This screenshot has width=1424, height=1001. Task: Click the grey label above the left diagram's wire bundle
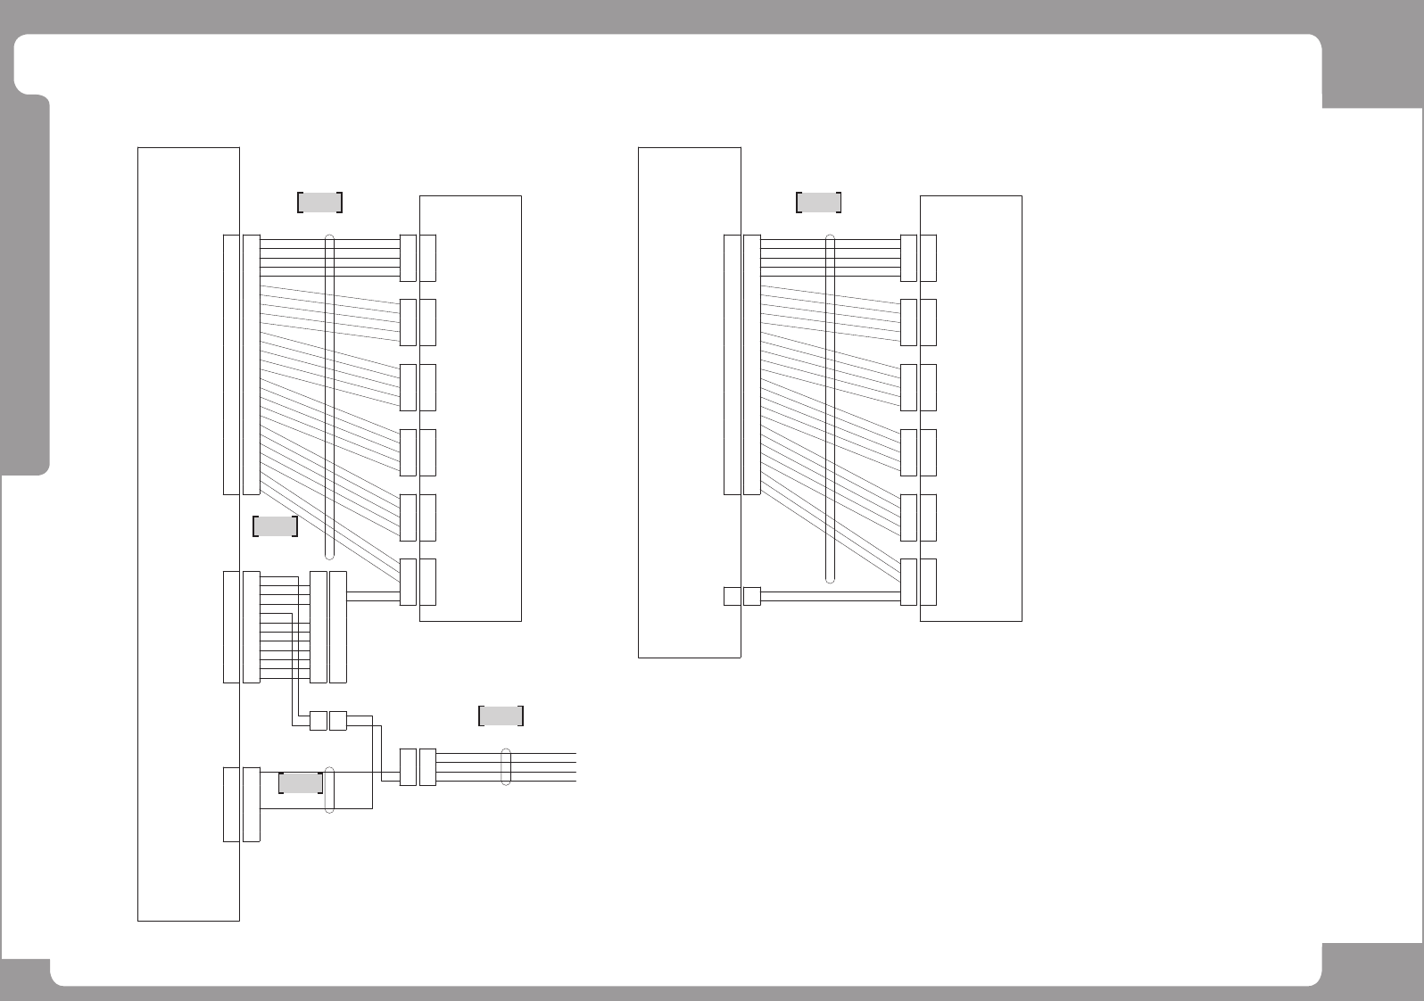[319, 203]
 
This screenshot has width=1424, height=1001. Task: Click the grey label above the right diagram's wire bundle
[818, 203]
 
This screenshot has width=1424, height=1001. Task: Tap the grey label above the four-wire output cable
[501, 716]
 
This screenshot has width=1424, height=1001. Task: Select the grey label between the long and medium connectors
[275, 526]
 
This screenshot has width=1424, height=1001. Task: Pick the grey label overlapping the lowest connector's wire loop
[301, 783]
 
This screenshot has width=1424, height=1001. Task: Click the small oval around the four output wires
[506, 766]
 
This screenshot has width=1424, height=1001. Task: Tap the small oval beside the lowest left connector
[330, 790]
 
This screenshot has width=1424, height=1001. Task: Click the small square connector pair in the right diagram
[741, 595]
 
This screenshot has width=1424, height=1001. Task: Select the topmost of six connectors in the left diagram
[418, 258]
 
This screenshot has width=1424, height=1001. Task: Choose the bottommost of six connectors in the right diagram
[918, 582]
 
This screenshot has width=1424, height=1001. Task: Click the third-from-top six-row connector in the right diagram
[918, 387]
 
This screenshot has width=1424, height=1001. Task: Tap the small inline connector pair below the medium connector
[327, 721]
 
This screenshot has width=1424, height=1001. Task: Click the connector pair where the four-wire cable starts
[418, 767]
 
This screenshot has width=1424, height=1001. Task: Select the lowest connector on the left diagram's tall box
[241, 803]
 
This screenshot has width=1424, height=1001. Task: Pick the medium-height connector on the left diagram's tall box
[241, 627]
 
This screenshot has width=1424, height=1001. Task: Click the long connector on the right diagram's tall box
[741, 364]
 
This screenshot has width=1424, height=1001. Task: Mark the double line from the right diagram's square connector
[830, 595]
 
